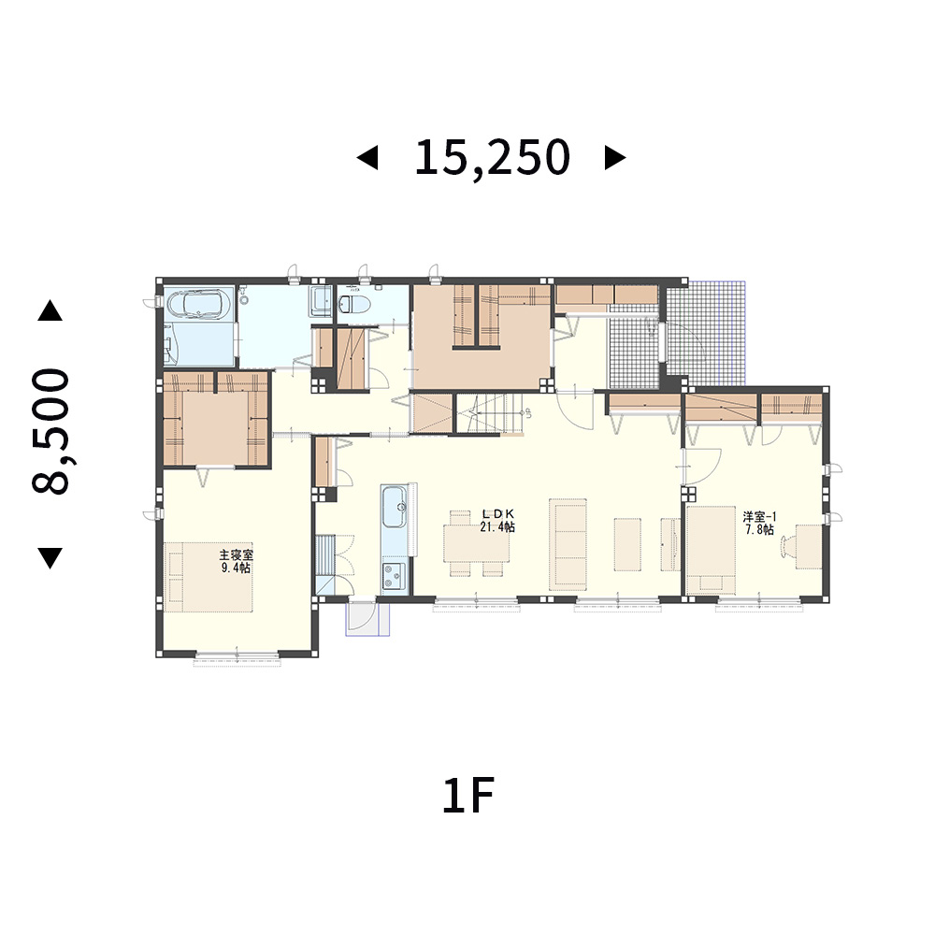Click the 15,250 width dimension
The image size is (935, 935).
(492, 158)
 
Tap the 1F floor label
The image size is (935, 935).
(468, 796)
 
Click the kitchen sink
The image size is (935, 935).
(395, 507)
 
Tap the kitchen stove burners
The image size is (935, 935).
(393, 577)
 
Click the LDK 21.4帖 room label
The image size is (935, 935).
(497, 521)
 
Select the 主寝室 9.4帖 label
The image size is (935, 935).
(237, 561)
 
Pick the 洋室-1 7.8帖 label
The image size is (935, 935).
(759, 523)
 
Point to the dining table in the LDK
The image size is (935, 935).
(477, 542)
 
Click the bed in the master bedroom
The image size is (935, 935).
(209, 577)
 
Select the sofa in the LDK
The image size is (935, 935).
(568, 544)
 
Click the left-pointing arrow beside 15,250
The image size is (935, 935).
(367, 158)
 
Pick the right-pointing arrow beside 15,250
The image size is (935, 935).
(615, 158)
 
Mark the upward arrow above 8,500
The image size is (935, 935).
(50, 310)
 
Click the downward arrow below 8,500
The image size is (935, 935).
(50, 557)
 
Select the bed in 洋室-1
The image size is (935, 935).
(711, 550)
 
